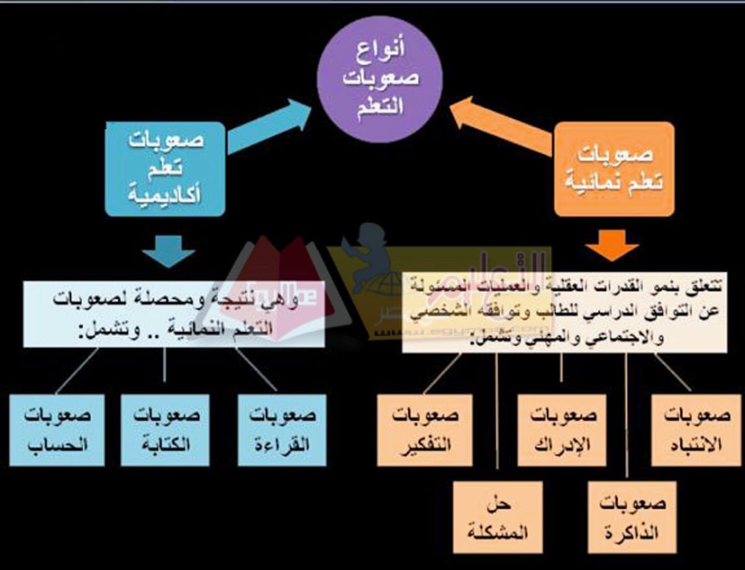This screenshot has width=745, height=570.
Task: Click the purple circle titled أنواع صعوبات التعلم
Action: coord(380,79)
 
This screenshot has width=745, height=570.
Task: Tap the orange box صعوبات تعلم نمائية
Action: coord(613,169)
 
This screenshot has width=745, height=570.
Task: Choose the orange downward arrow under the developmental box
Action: coord(612,245)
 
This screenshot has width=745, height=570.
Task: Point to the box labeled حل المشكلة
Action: coord(499,517)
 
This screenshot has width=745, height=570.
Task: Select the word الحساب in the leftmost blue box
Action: coord(58,445)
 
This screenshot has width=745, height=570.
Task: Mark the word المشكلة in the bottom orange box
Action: coord(499,532)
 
